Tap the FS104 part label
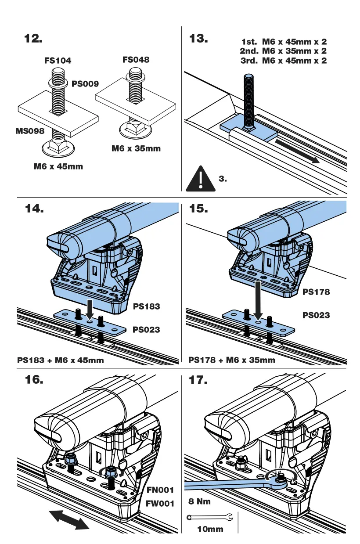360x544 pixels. pyautogui.click(x=58, y=61)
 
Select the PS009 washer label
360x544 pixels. pyautogui.click(x=85, y=83)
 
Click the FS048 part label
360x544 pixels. pyautogui.click(x=136, y=59)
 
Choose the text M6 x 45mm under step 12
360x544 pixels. pyautogui.click(x=58, y=166)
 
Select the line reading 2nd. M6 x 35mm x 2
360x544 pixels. pyautogui.click(x=283, y=51)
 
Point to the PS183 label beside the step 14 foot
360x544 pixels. pyautogui.click(x=147, y=306)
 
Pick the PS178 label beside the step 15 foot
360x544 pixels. pyautogui.click(x=316, y=292)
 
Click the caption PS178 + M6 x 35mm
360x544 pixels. pyautogui.click(x=232, y=360)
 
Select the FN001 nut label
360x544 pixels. pyautogui.click(x=160, y=490)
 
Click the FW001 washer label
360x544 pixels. pyautogui.click(x=160, y=504)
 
